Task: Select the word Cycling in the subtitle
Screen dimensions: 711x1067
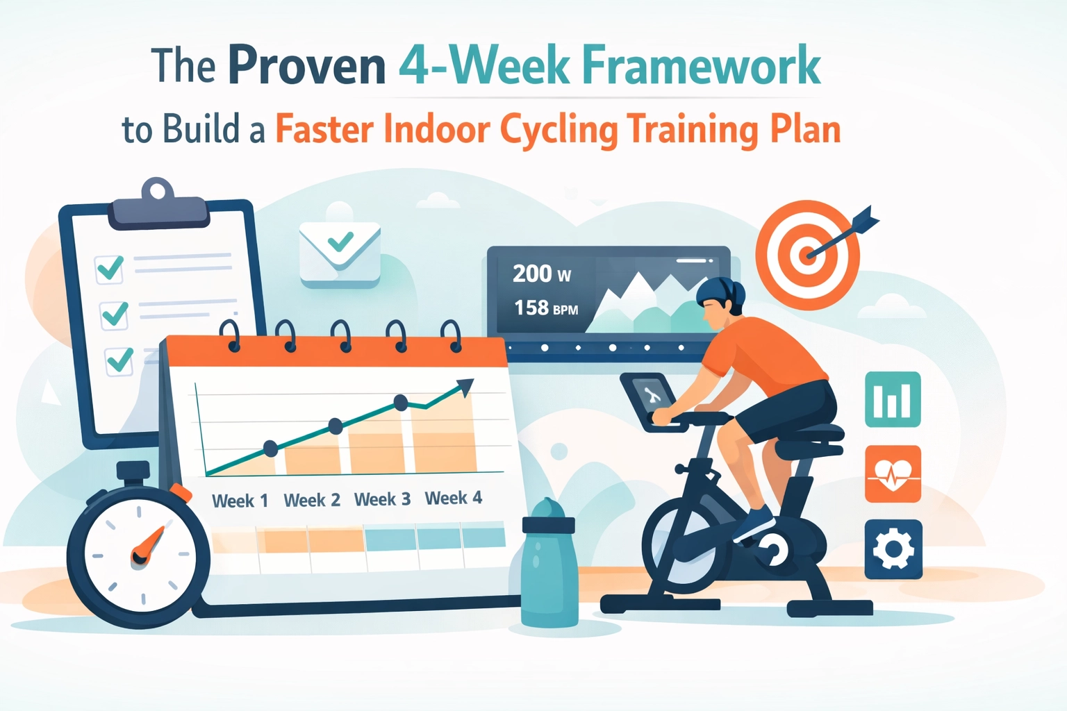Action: tap(559, 130)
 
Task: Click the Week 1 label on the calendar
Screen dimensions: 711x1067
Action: tap(240, 501)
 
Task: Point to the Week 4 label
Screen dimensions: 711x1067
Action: tap(453, 498)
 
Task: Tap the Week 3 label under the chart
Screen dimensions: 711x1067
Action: tap(382, 499)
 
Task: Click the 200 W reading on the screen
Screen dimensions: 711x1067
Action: tap(541, 274)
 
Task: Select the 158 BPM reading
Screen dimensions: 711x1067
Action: tap(545, 308)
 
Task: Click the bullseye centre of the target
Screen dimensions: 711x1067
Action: tap(807, 254)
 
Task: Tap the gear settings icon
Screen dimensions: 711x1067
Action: tap(893, 549)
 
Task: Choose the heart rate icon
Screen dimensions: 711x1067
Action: tap(893, 474)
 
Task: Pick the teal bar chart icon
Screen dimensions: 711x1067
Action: tap(893, 399)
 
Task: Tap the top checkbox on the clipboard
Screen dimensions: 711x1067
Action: tap(110, 268)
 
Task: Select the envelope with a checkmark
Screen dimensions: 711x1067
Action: tap(340, 253)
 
